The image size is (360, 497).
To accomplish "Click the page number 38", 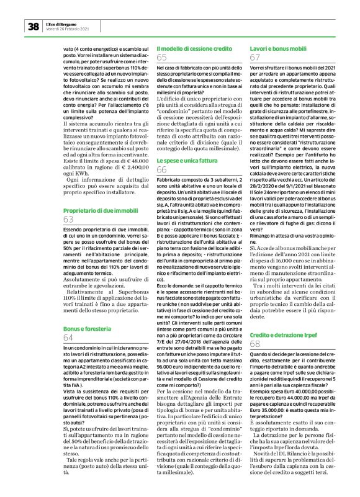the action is pyautogui.click(x=32, y=26).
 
